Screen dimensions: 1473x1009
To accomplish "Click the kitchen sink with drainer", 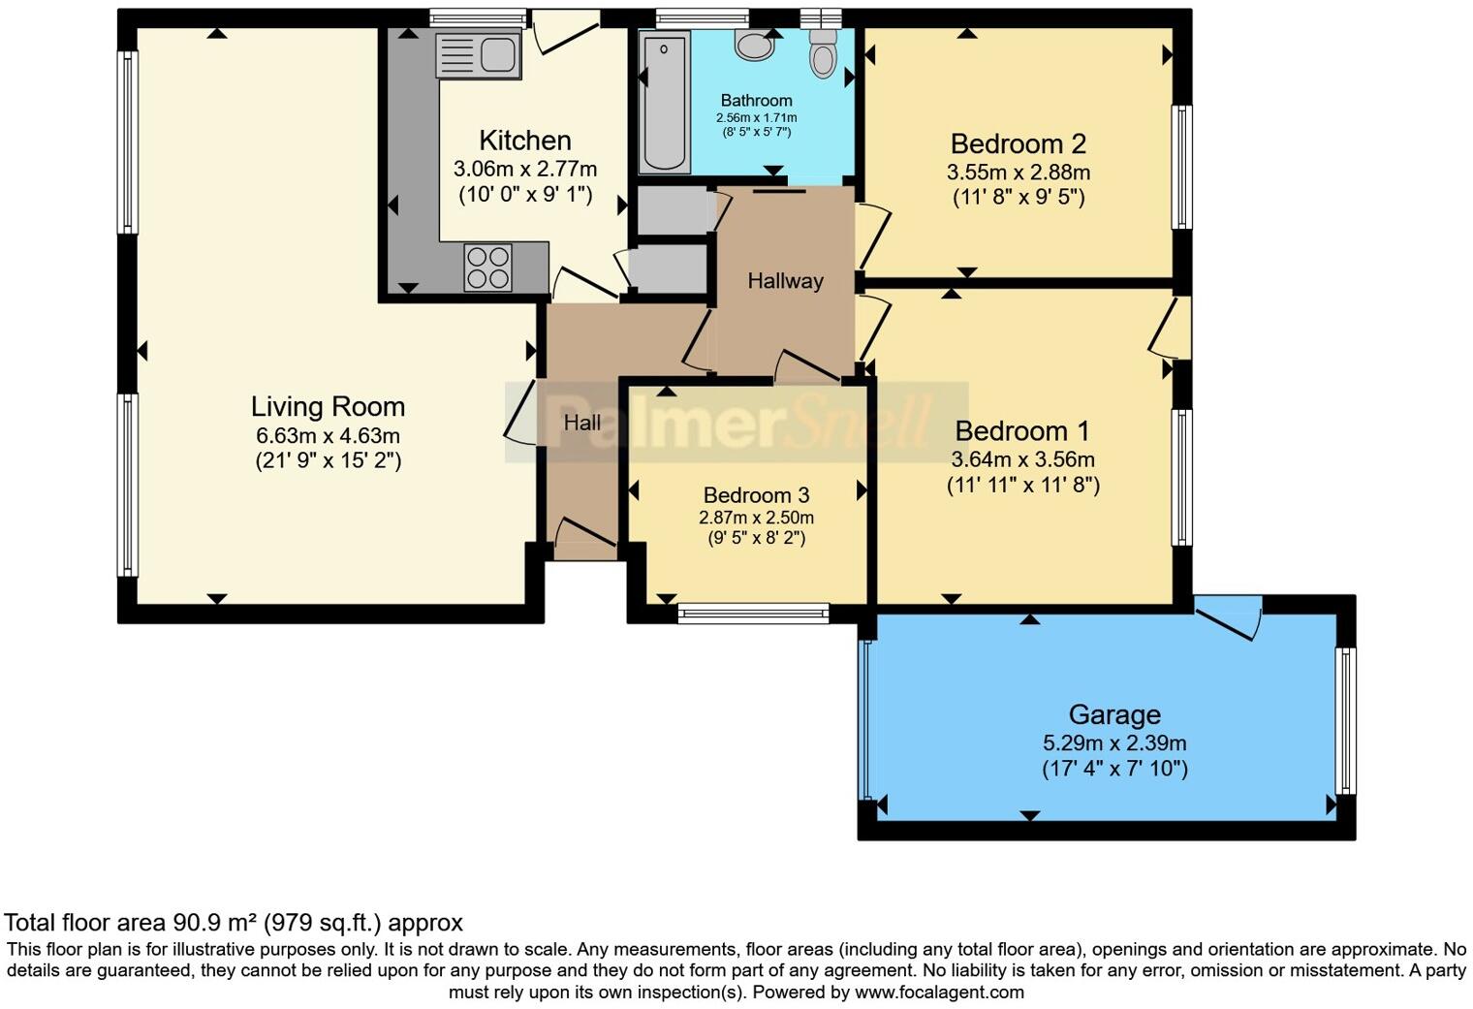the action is (x=478, y=54).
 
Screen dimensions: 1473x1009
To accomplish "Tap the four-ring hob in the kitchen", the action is (x=488, y=268).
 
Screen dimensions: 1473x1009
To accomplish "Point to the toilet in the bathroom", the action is (x=823, y=52).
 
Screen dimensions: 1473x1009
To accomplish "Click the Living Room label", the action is (x=328, y=406).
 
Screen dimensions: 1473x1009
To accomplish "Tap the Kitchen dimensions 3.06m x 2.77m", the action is (x=525, y=169).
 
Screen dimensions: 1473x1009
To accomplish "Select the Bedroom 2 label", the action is (x=1018, y=143).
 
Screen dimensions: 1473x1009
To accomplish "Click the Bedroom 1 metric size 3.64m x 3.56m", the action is (x=1022, y=459).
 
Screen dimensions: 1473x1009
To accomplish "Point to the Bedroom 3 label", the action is (x=756, y=494).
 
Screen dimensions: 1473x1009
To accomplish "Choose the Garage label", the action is (x=1114, y=715).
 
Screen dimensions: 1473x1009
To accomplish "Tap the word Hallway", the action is (x=785, y=281).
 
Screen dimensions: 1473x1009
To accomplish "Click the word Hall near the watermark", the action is (x=582, y=423).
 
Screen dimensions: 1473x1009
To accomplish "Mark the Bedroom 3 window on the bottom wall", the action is (x=753, y=614).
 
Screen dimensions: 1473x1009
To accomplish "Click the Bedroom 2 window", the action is (x=1181, y=167).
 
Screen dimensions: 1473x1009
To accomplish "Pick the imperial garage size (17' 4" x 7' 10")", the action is (x=1114, y=769).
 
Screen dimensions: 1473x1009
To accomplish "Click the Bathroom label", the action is (x=756, y=101).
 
